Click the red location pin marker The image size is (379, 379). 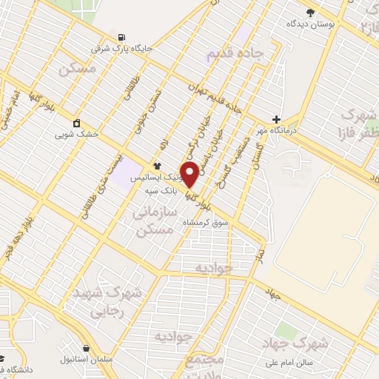pyautogui.click(x=189, y=175)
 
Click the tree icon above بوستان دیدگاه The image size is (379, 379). pyautogui.click(x=309, y=12)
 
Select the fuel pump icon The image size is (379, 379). pyautogui.click(x=121, y=37)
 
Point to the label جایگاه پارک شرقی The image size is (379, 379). pyautogui.click(x=121, y=49)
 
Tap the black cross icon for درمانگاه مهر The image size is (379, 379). pyautogui.click(x=276, y=119)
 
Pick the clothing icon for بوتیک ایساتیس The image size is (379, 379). pyautogui.click(x=157, y=166)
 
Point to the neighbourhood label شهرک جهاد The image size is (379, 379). pyautogui.click(x=295, y=343)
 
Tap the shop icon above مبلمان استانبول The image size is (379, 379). pyautogui.click(x=87, y=348)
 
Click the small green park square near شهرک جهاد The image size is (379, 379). pyautogui.click(x=285, y=329)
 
